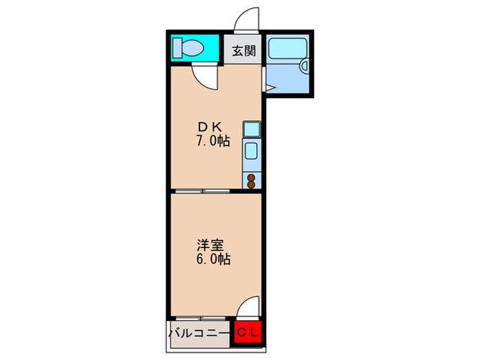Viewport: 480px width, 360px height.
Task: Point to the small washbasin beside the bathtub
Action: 304,66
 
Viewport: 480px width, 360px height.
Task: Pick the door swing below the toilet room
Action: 204,76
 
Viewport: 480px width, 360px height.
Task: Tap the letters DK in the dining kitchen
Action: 211,128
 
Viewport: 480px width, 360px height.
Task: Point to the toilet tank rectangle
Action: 178,48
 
